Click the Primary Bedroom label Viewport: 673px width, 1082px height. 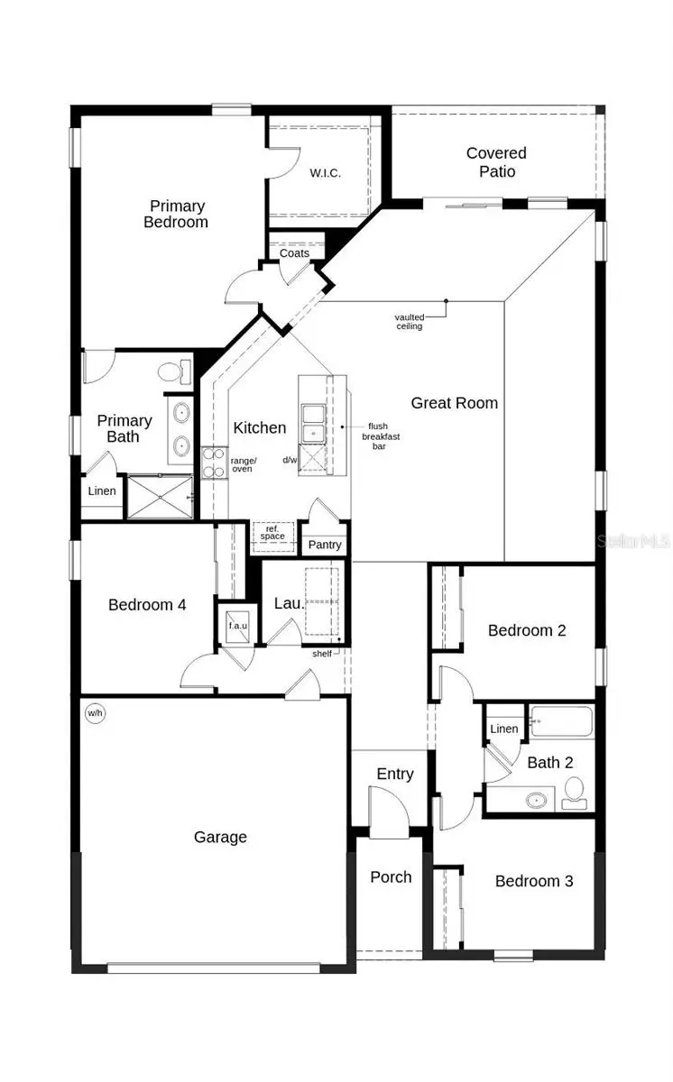[177, 214]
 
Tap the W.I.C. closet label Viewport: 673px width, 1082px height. [325, 173]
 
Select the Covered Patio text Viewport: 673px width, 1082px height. [496, 162]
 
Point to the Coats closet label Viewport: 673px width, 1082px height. [294, 253]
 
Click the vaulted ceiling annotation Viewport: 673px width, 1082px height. [410, 322]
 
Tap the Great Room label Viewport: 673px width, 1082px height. [454, 403]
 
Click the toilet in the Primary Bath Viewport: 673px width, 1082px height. [173, 371]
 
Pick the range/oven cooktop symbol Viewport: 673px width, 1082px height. [213, 463]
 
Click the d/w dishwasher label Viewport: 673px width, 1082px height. [290, 460]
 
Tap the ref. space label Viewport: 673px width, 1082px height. [272, 533]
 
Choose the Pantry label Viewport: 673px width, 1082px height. [325, 545]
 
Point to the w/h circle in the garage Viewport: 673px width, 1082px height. [95, 714]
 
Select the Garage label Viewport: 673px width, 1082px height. [220, 837]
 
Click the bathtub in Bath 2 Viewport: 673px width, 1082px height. [561, 722]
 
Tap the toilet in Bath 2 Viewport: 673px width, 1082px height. [574, 793]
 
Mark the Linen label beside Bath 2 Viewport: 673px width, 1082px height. [503, 729]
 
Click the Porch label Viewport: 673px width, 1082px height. [391, 876]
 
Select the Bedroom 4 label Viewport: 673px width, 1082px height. [147, 604]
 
